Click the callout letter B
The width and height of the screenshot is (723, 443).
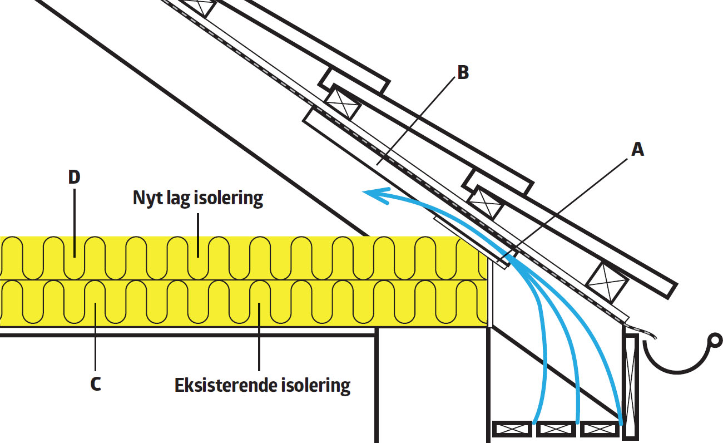point(462,72)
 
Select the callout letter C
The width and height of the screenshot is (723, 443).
point(96,384)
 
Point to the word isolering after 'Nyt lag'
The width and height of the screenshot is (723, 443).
point(228,198)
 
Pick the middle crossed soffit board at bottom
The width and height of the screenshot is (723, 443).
point(556,430)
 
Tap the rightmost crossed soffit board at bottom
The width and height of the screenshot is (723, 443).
point(599,430)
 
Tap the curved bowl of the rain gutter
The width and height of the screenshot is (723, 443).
point(670,365)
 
